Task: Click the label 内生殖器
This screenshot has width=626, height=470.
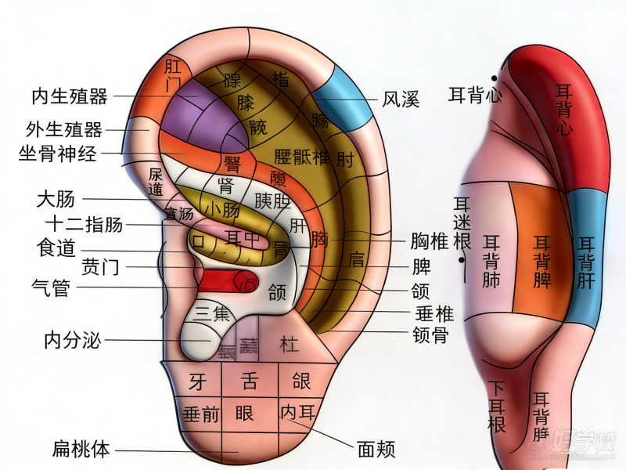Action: pyautogui.click(x=69, y=96)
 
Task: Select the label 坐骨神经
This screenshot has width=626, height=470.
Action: pyautogui.click(x=58, y=154)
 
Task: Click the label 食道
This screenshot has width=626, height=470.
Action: pyautogui.click(x=56, y=248)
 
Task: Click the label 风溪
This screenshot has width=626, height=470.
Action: pyautogui.click(x=401, y=99)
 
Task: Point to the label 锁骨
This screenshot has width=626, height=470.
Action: pyautogui.click(x=430, y=335)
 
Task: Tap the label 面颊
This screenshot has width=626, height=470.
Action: pyautogui.click(x=376, y=449)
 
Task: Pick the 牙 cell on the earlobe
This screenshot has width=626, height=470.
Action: pyautogui.click(x=197, y=381)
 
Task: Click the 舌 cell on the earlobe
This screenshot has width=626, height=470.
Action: pyautogui.click(x=250, y=381)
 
